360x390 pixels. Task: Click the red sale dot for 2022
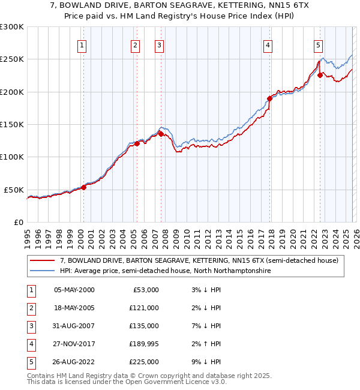coord(320,76)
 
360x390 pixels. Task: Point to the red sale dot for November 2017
coord(269,98)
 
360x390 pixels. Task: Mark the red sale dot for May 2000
coord(83,187)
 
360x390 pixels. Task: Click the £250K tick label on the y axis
coord(12,59)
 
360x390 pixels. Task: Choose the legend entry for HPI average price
coord(165,271)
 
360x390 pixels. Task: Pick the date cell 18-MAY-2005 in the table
coord(74,308)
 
